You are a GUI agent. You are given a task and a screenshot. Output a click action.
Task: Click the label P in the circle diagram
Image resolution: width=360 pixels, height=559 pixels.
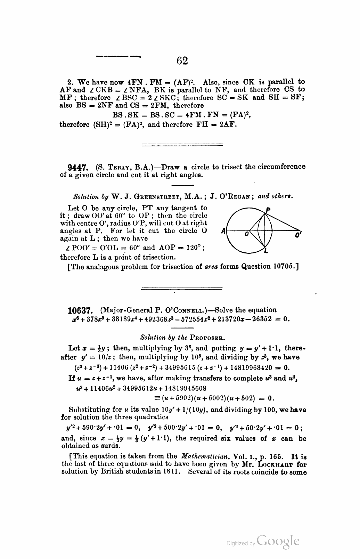268,210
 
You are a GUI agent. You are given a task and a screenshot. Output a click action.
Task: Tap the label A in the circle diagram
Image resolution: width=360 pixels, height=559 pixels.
223,231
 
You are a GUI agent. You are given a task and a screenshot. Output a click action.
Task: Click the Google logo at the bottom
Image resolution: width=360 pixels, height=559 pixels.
278,542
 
